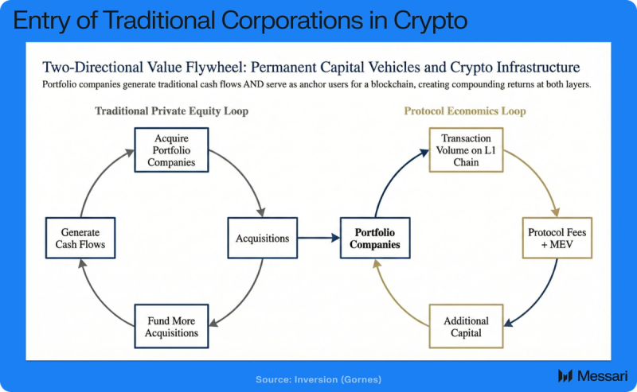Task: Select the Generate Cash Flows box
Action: pyautogui.click(x=81, y=238)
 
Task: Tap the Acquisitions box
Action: pyautogui.click(x=262, y=238)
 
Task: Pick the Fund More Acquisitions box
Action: pyautogui.click(x=170, y=326)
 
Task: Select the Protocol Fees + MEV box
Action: pyautogui.click(x=557, y=238)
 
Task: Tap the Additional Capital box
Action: pyautogui.click(x=466, y=326)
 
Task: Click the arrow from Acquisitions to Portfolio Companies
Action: pyautogui.click(x=318, y=238)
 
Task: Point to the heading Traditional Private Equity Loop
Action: pyautogui.click(x=171, y=111)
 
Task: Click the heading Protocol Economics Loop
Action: pyautogui.click(x=465, y=111)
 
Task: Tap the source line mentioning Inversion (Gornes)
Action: pyautogui.click(x=318, y=379)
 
